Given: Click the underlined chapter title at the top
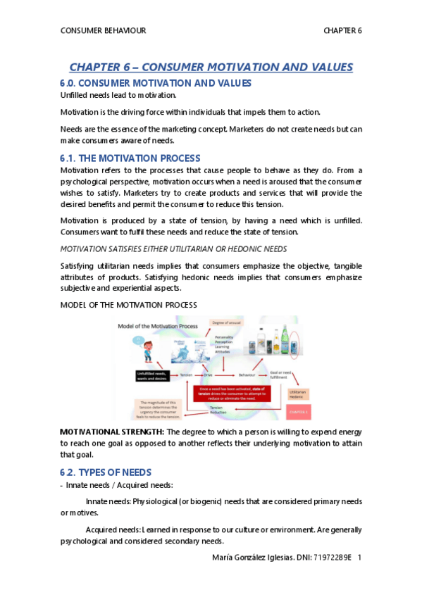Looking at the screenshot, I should click(211, 68).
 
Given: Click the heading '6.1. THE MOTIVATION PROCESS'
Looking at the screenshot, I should click(130, 158).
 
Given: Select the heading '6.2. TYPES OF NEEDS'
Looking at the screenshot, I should click(106, 472).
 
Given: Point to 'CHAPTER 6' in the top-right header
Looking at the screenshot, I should click(342, 31).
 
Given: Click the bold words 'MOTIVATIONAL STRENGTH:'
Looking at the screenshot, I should click(111, 431).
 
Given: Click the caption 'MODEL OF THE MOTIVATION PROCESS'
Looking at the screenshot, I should click(129, 304).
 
